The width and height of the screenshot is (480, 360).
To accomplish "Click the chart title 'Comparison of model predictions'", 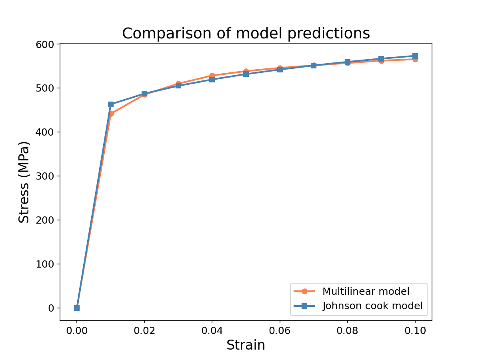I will point(246,34).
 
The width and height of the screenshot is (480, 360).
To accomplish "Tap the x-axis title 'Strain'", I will point(246,345).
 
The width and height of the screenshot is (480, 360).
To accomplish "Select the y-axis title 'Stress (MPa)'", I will point(24,182).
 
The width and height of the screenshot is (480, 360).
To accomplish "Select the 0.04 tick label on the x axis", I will point(212,331).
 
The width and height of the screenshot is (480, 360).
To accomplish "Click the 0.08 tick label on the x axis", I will point(348,331).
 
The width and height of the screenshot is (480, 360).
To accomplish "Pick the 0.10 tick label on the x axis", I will point(415,331).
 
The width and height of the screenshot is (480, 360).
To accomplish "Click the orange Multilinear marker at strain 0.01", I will point(111,114).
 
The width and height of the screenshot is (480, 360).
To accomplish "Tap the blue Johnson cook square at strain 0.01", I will point(111,104).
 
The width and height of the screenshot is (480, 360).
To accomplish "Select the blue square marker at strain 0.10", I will point(415,56).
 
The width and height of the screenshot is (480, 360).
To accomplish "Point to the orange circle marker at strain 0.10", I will point(415,60).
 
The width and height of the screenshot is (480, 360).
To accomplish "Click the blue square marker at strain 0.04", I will point(212,80).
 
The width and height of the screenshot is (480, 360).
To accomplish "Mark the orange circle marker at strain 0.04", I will point(212,76).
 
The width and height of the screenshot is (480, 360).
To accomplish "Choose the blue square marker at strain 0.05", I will point(246,74).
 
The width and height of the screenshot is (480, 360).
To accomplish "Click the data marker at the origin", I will point(77,308).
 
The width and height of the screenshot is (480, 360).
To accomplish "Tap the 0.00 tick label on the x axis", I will point(77,331).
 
